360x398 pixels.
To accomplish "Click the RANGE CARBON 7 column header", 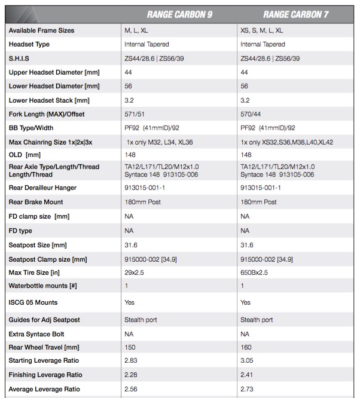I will [296, 15].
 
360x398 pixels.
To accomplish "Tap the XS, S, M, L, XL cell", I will [262, 30].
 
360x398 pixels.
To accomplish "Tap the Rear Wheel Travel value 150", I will [129, 348].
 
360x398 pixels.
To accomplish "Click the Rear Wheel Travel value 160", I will [246, 348].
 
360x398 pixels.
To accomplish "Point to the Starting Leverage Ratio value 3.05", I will [247, 361].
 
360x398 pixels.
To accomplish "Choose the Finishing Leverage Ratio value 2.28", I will [130, 375].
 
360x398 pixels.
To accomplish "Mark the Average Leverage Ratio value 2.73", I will [247, 389].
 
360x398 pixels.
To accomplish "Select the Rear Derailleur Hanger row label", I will [43, 188].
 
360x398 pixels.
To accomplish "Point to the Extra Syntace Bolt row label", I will [36, 334].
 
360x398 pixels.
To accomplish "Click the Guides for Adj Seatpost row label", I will [44, 320].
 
